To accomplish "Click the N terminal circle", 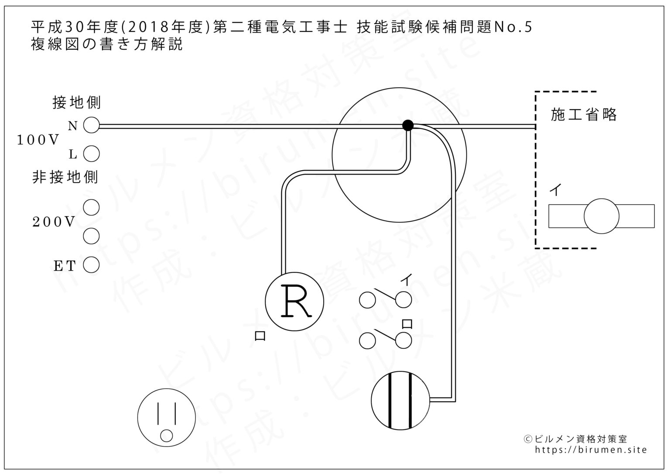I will point(91,126).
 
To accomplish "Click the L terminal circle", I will point(91,154).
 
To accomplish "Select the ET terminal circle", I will point(91,264).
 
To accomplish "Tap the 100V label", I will point(38,140).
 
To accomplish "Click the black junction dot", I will point(407,126).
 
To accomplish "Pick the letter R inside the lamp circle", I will point(296,301).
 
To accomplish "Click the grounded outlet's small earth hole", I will point(166,436).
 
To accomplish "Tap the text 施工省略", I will point(584,115).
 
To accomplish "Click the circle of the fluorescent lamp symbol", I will point(601,216).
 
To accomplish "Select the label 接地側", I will point(76,103).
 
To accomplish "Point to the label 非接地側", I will point(65,177).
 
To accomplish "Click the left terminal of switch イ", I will point(367,300).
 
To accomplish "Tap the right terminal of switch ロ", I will point(403,340).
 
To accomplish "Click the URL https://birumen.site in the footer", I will point(591,450).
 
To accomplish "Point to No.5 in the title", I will point(513,27).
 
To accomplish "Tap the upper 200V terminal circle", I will point(91,207).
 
